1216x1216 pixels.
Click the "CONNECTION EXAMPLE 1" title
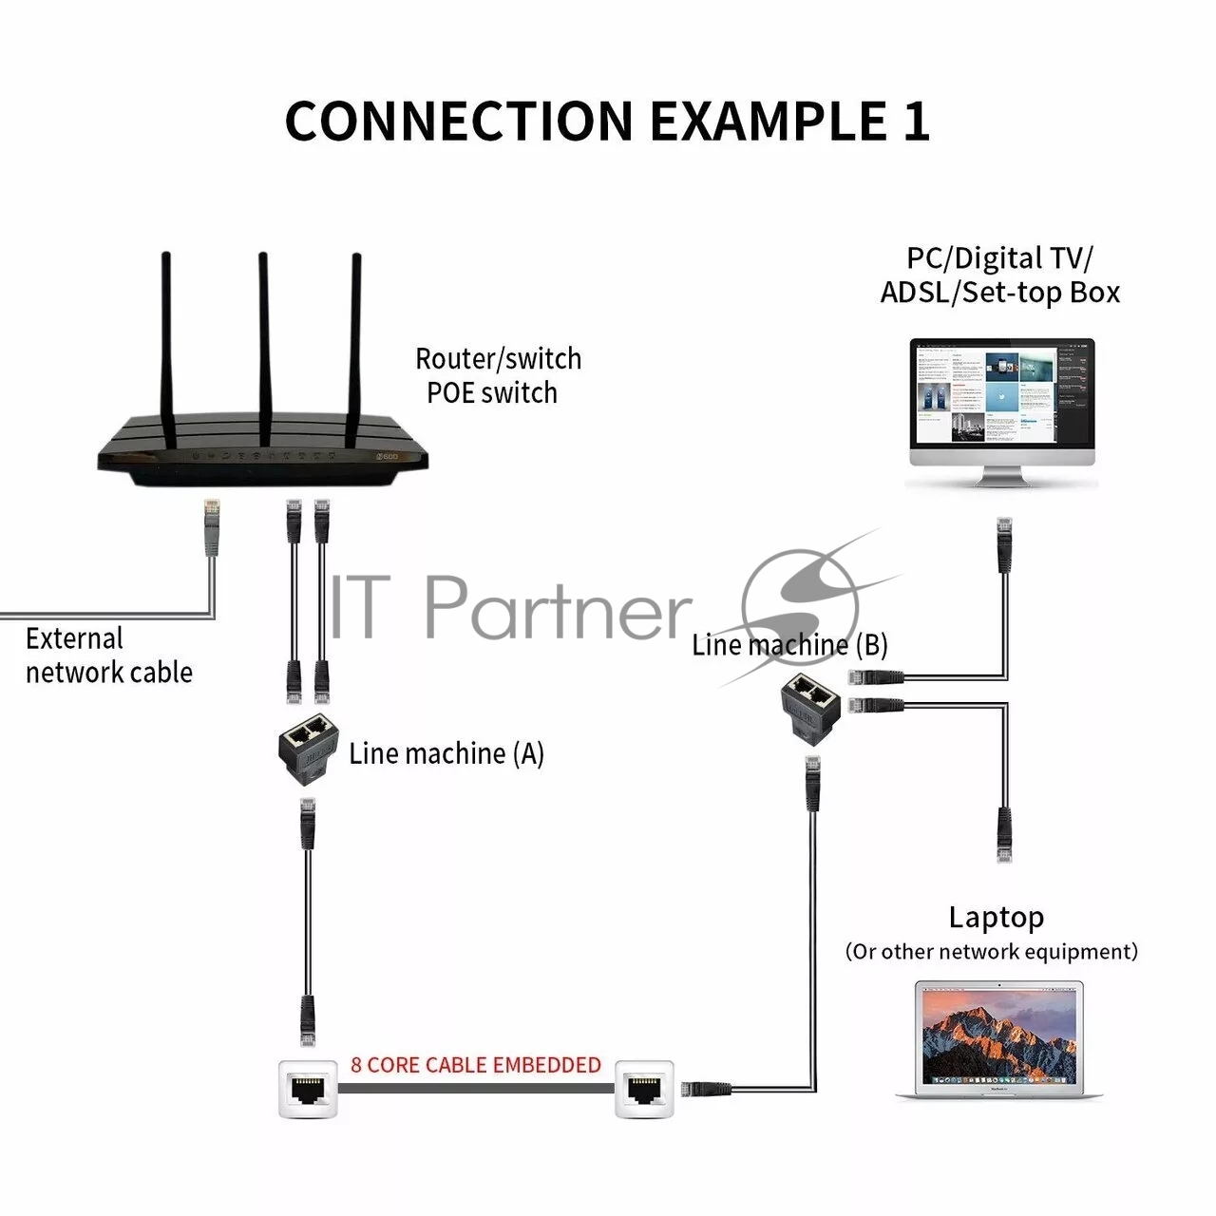pyautogui.click(x=607, y=121)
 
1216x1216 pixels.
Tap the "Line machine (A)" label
pyautogui.click(x=446, y=753)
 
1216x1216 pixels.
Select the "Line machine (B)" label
pyautogui.click(x=788, y=645)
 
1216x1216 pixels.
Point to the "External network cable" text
pyautogui.click(x=108, y=655)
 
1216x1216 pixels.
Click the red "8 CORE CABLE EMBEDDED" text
pyautogui.click(x=475, y=1065)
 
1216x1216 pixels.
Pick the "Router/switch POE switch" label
pyautogui.click(x=497, y=375)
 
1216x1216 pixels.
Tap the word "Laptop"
pyautogui.click(x=996, y=918)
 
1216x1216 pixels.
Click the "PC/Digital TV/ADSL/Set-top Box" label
pyautogui.click(x=999, y=275)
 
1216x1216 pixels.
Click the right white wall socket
pyautogui.click(x=645, y=1089)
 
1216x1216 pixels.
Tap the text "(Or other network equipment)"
pyautogui.click(x=991, y=952)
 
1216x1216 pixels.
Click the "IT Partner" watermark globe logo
pyautogui.click(x=800, y=608)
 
